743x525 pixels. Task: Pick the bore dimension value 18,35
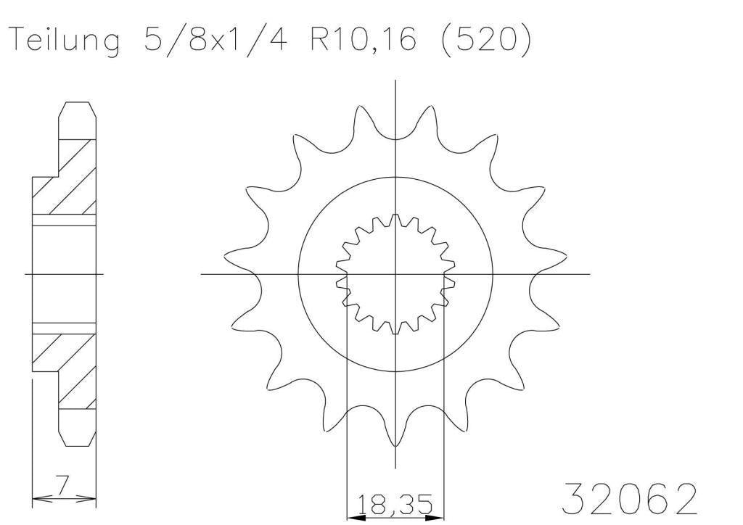pos(395,503)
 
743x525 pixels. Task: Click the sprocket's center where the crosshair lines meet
pos(395,274)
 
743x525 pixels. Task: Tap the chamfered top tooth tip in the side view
pos(77,109)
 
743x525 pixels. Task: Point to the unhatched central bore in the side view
pos(64,274)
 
